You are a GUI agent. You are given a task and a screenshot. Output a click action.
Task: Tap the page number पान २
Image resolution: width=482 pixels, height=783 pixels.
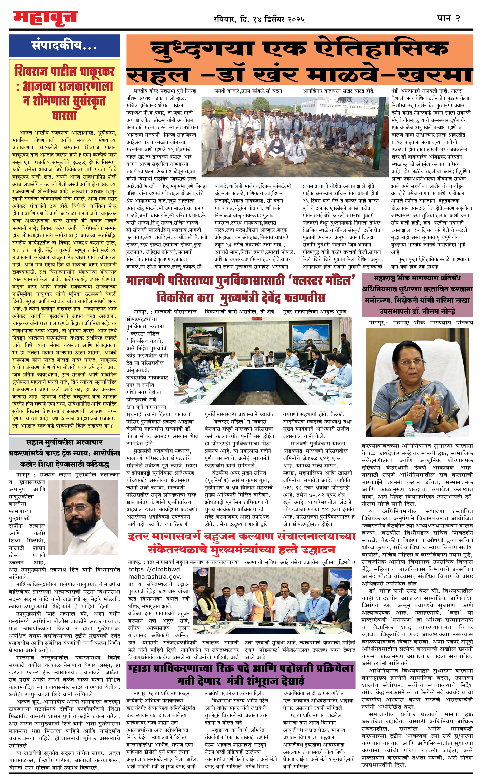[x=448, y=18]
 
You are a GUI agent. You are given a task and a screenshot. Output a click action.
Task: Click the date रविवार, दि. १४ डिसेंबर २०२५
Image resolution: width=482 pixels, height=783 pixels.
[x=259, y=19]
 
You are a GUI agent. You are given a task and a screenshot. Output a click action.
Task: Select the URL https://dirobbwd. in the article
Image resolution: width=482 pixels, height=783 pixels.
[x=155, y=569]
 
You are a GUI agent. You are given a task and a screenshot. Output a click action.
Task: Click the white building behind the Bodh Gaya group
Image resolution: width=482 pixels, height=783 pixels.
[x=335, y=105]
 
